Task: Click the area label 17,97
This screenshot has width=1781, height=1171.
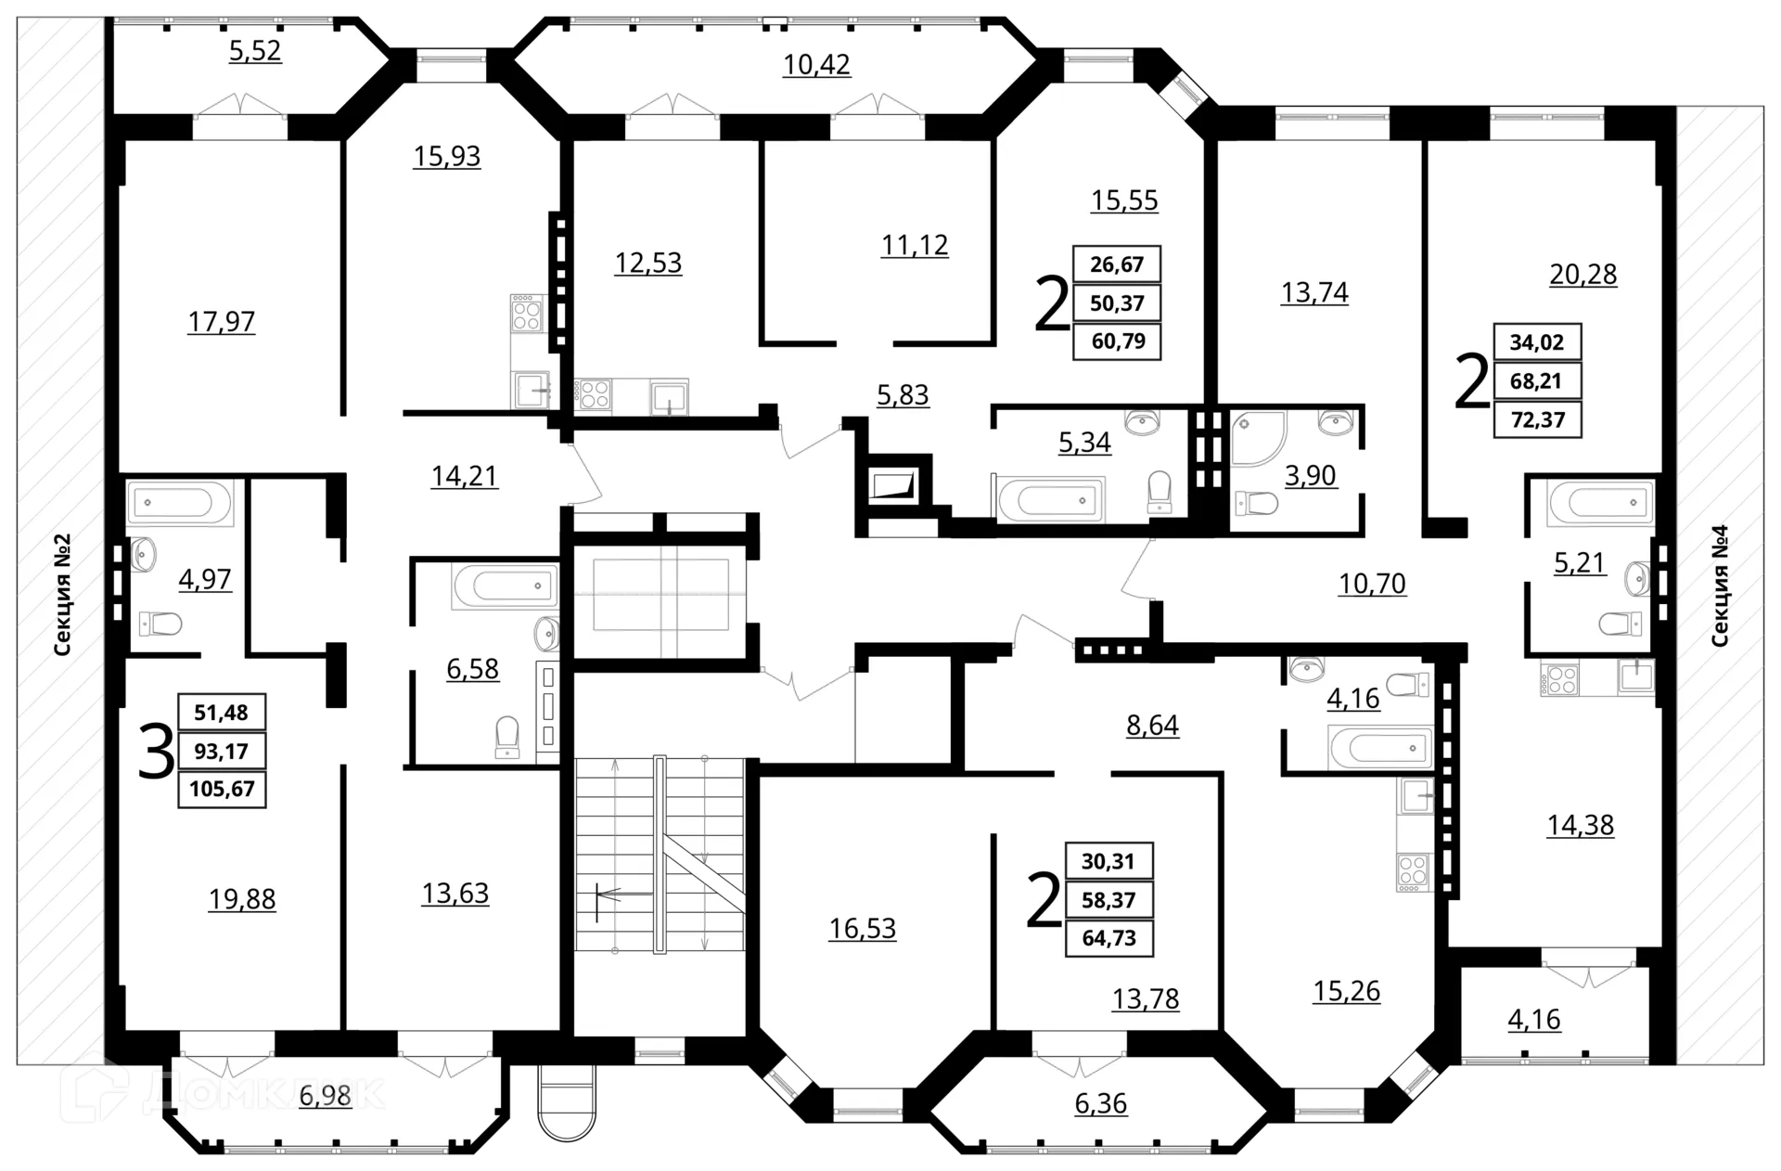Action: pos(221,322)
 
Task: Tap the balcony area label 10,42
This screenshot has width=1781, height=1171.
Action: pos(816,65)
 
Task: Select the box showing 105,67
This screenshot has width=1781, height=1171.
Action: pos(222,790)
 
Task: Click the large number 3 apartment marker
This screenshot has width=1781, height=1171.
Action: pos(155,753)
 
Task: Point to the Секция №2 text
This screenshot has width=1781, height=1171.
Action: pos(62,595)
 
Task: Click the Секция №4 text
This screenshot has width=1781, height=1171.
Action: pos(1719,585)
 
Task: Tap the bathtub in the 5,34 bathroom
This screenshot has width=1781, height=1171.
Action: pos(1049,500)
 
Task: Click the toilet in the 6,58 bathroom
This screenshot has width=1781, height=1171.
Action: pos(507,737)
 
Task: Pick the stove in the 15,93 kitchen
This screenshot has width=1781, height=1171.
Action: pos(526,313)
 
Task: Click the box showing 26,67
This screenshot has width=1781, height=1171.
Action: pos(1117,264)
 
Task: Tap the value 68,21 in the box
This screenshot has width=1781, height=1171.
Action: pos(1536,381)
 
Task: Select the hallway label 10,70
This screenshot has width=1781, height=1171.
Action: pos(1372,584)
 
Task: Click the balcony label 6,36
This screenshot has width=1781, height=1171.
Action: pos(1100,1103)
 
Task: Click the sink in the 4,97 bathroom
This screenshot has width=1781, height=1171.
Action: pos(144,554)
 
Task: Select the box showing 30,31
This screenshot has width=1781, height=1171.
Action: pos(1108,861)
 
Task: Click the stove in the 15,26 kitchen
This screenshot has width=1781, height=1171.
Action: pos(1413,872)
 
